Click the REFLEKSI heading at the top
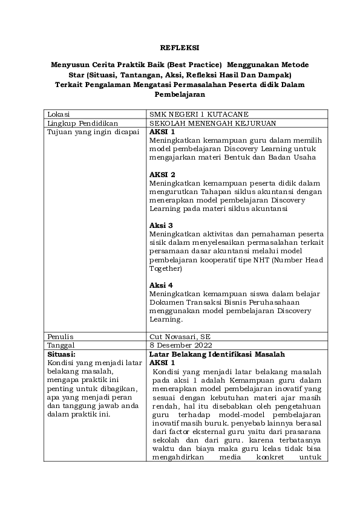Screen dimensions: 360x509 tap(179, 47)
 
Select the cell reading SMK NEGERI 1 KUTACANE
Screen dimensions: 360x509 tap(190, 115)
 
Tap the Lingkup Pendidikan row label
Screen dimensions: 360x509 tap(77, 123)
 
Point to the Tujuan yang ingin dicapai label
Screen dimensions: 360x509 tap(89, 132)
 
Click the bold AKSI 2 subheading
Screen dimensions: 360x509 tap(162, 174)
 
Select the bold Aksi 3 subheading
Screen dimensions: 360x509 tap(161, 225)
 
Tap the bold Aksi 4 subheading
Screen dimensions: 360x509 tap(161, 285)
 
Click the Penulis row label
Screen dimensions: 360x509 tap(59, 336)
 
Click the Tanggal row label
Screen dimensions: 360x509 tap(61, 344)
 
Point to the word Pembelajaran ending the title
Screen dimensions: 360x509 tap(179, 94)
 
